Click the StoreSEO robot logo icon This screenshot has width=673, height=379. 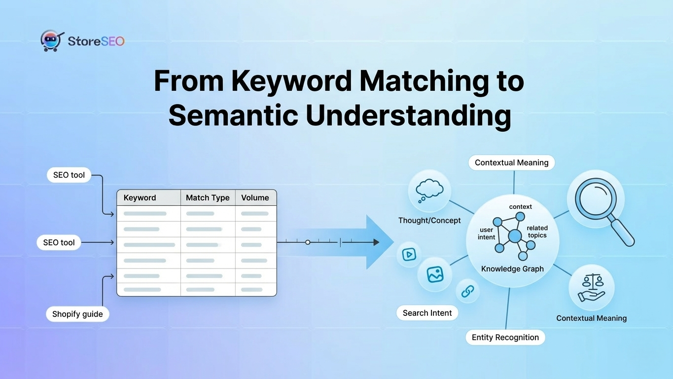pos(52,41)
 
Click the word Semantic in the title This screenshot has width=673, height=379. pos(233,114)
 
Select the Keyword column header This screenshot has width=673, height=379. pos(140,197)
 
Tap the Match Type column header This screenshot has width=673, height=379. pos(208,197)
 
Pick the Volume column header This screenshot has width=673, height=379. pos(255,197)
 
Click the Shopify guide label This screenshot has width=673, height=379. pos(77,314)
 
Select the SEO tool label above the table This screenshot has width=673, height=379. pos(69,175)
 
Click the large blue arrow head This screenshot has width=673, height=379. pos(379,242)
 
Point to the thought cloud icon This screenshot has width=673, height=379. pos(429,190)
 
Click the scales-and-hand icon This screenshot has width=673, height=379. pos(592,288)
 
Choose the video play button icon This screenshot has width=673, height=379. pos(409,255)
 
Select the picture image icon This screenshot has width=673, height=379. pos(435,274)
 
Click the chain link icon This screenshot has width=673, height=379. pos(467,291)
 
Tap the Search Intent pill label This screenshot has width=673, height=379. pos(427,313)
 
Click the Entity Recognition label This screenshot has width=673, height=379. pos(505,337)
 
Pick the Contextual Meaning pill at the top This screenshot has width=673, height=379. pos(511,162)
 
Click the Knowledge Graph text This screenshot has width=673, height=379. pos(512,269)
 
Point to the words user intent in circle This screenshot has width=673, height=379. pos(486,233)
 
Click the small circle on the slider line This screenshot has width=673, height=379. pos(308,242)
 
